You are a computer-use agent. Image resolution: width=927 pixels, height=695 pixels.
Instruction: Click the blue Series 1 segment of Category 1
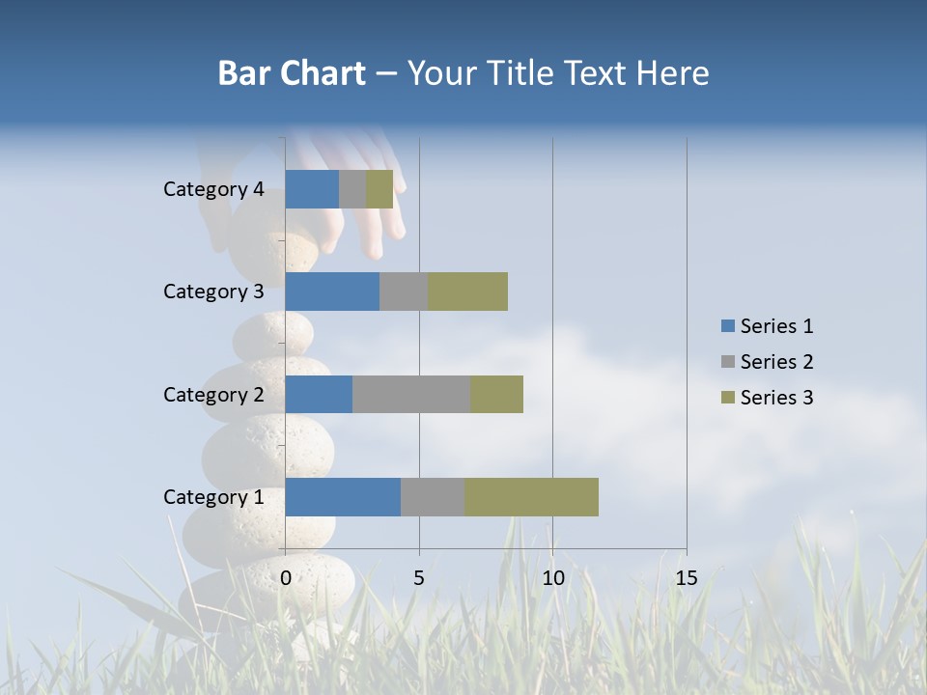coord(343,497)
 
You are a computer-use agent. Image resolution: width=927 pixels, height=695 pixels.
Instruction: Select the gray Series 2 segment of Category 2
coord(411,394)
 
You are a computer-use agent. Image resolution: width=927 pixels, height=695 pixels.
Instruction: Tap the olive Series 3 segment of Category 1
coord(531,497)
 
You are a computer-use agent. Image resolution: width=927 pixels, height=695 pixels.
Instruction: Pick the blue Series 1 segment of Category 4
coord(312,189)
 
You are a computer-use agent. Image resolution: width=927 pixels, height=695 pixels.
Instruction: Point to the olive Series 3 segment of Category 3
coord(467,292)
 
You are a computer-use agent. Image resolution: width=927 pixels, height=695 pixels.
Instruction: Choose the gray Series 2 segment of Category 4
coord(352,189)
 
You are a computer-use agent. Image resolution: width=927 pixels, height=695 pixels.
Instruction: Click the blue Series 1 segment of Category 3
coord(332,292)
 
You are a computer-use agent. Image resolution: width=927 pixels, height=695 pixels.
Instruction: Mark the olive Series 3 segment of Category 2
coord(496,394)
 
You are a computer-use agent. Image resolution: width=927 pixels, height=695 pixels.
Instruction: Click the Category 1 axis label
coord(213,497)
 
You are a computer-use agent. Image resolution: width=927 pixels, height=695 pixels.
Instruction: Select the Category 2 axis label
coord(213,394)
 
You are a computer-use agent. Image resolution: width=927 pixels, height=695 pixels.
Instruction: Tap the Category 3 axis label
coord(213,292)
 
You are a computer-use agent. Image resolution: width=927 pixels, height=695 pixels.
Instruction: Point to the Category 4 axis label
coord(213,189)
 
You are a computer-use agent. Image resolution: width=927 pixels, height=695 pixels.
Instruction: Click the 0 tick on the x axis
coord(286,578)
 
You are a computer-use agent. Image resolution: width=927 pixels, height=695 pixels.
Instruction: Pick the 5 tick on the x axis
coord(419,578)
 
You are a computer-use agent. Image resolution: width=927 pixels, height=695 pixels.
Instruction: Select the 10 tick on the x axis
coord(552,578)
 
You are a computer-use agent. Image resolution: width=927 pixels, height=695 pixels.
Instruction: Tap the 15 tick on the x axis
coord(686,578)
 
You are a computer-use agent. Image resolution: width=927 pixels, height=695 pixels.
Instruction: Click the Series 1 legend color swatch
coord(727,326)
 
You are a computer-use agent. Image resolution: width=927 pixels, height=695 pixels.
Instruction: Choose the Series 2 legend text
coord(776,362)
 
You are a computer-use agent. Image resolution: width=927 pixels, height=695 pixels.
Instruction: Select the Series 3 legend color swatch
coord(727,398)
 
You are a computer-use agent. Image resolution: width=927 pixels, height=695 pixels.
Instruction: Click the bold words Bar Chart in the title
coord(292,73)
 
